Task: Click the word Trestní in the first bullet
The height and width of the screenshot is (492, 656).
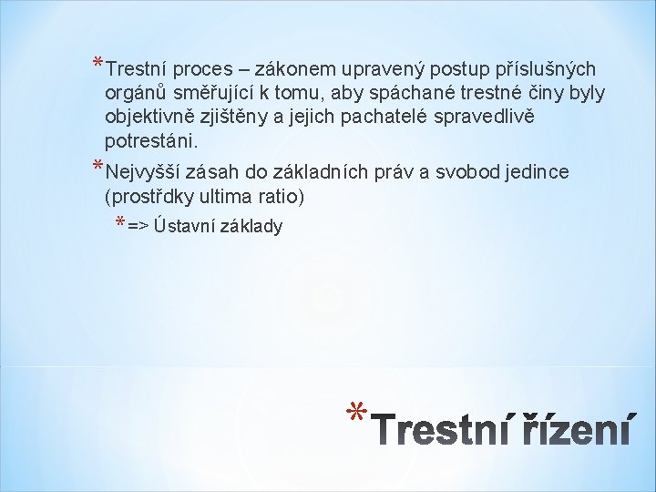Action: point(135,68)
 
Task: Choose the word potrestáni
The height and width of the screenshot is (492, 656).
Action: point(151,142)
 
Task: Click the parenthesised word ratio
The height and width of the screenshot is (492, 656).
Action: point(282,196)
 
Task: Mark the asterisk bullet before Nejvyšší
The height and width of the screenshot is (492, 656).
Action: point(98,167)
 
